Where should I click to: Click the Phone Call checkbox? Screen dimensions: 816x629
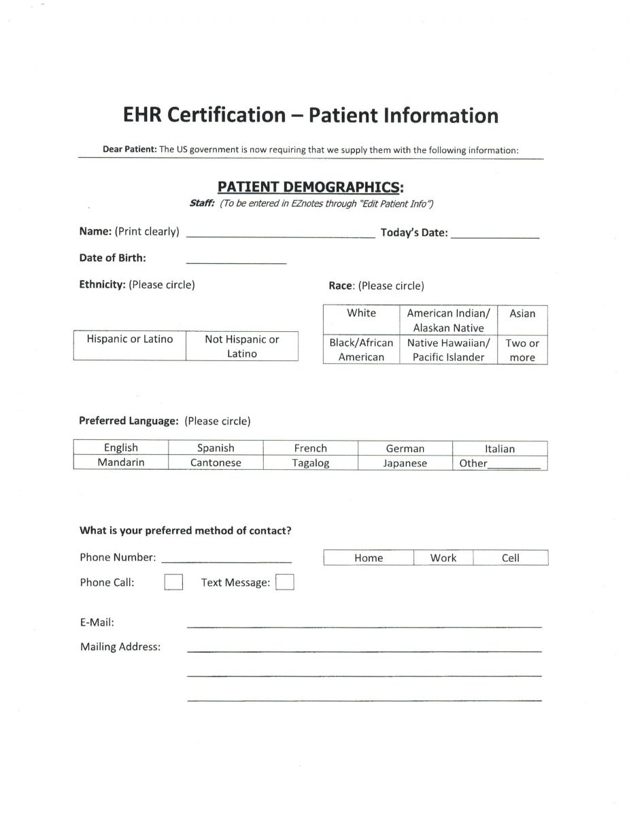(173, 582)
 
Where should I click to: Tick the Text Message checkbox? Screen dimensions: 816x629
(285, 583)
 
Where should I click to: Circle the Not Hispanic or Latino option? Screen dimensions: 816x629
(242, 346)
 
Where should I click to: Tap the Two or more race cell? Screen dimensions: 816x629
(522, 350)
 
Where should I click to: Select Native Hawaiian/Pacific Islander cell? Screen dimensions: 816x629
(448, 350)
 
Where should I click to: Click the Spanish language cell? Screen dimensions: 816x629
(216, 448)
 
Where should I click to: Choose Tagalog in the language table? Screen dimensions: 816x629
(311, 463)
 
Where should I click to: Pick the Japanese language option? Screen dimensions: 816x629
(405, 463)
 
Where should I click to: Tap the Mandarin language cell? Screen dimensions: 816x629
(121, 462)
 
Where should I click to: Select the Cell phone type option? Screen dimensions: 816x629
(510, 558)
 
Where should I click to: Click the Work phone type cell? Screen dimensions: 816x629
(443, 558)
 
